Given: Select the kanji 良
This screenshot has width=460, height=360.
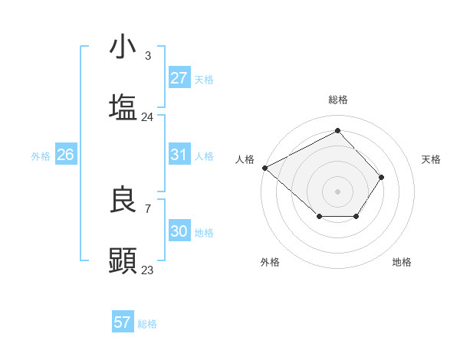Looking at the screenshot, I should click(123, 200).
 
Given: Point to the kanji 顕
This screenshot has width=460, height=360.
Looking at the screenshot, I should click(123, 260).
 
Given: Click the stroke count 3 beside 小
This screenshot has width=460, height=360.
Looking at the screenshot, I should click(148, 56).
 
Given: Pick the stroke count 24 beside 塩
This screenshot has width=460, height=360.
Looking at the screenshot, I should click(148, 117).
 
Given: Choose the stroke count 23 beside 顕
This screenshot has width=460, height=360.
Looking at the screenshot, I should click(148, 270).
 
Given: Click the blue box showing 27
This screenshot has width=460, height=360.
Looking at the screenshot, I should click(179, 78).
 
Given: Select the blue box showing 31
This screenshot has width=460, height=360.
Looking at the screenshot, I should click(179, 155).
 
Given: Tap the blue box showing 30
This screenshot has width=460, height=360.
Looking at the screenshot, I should click(179, 231).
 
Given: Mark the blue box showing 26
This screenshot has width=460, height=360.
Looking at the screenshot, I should click(66, 155).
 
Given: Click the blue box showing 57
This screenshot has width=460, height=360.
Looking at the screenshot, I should click(123, 322).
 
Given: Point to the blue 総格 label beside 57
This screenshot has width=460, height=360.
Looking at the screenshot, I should click(147, 324).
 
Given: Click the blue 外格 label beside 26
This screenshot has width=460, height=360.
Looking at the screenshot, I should click(41, 155).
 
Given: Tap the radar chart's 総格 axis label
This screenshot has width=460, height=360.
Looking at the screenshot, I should click(337, 100).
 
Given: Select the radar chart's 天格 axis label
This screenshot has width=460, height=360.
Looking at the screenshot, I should click(432, 159).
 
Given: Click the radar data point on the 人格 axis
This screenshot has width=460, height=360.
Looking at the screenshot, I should click(264, 168).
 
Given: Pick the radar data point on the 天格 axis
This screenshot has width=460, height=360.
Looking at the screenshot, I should click(382, 177).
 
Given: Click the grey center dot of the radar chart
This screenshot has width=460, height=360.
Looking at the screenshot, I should click(337, 191).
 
